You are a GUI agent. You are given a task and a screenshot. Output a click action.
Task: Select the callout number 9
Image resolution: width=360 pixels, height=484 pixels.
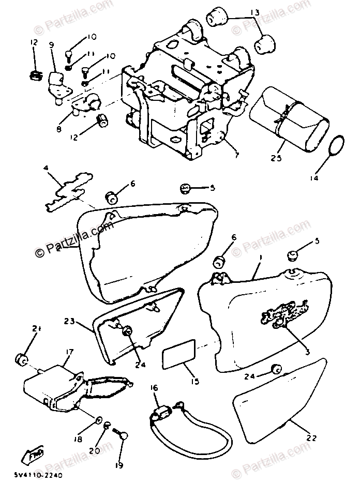click(52, 44)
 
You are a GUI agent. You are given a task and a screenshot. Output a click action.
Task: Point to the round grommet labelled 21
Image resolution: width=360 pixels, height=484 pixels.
click(22, 358)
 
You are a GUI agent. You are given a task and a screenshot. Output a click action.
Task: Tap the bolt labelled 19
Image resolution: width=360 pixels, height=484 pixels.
click(124, 437)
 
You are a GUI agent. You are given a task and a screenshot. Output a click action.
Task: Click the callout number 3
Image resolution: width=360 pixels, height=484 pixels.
click(307, 352)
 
